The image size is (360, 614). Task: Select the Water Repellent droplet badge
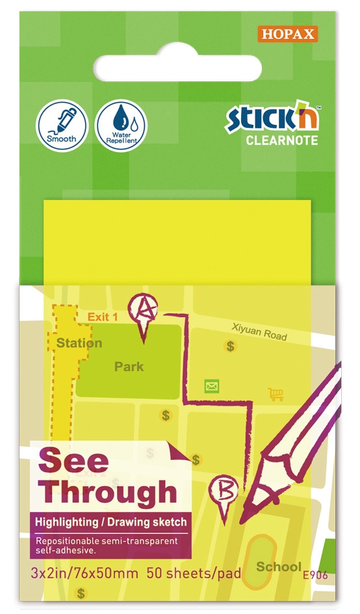[122, 123]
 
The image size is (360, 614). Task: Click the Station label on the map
[79, 343]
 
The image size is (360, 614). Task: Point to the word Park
[129, 366]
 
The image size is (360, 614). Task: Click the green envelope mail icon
[211, 387]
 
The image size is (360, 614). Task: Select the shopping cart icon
[276, 394]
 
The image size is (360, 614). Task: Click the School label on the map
[279, 567]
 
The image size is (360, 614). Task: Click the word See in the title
[73, 462]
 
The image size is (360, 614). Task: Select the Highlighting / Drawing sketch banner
[110, 522]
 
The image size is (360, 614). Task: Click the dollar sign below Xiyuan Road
[230, 346]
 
